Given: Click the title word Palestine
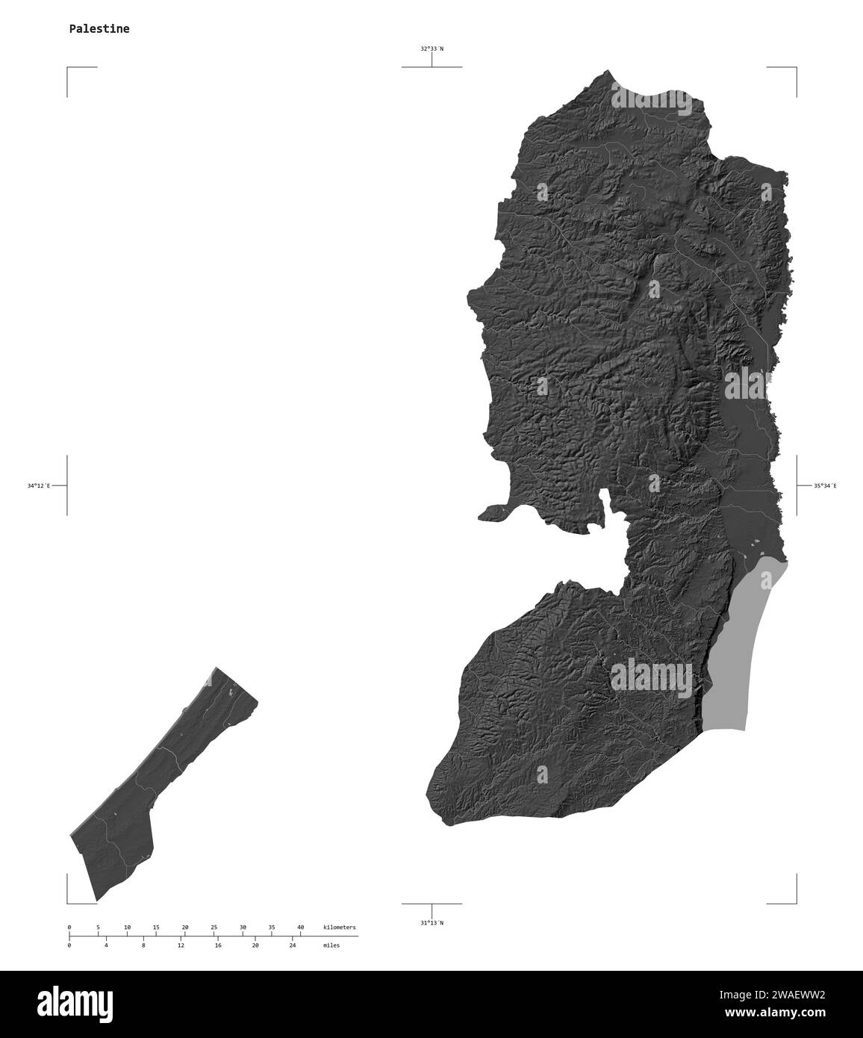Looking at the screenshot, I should (99, 29).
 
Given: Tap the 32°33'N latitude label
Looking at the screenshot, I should (431, 49).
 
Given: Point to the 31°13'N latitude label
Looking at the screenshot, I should (431, 923).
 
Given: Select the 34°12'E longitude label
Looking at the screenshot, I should (39, 486).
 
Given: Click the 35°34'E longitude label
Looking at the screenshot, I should (825, 486).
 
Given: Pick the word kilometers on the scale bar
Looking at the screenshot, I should (339, 927).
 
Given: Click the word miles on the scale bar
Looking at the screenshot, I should (331, 945).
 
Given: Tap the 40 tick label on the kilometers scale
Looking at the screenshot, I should (300, 927).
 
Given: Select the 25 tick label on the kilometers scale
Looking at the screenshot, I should (214, 927).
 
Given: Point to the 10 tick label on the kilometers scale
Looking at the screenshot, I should (127, 927).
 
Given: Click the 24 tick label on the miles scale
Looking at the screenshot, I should (293, 945).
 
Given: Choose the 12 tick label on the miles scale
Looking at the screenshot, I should (181, 945).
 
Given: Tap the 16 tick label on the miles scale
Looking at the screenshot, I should (218, 945).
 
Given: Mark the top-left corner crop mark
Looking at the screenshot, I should (69, 69).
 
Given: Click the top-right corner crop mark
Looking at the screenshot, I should (794, 69).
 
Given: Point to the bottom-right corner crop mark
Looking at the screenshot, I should (794, 901).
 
